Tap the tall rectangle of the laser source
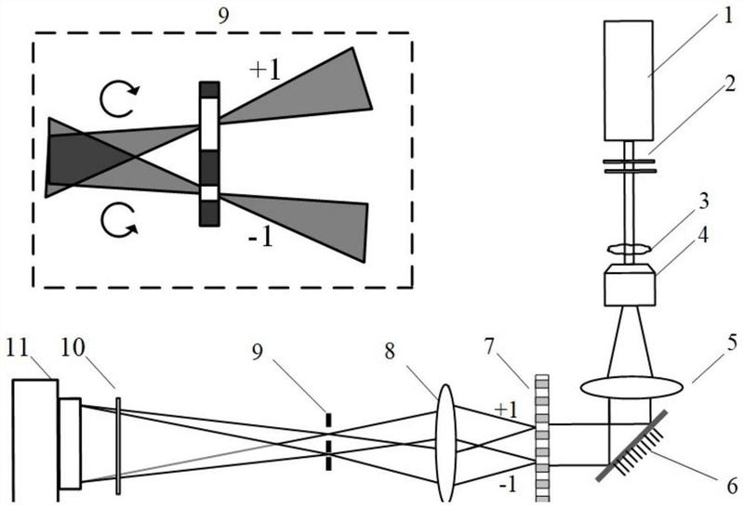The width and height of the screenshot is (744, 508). [630, 80]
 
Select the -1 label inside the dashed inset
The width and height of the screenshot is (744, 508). [261, 241]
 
